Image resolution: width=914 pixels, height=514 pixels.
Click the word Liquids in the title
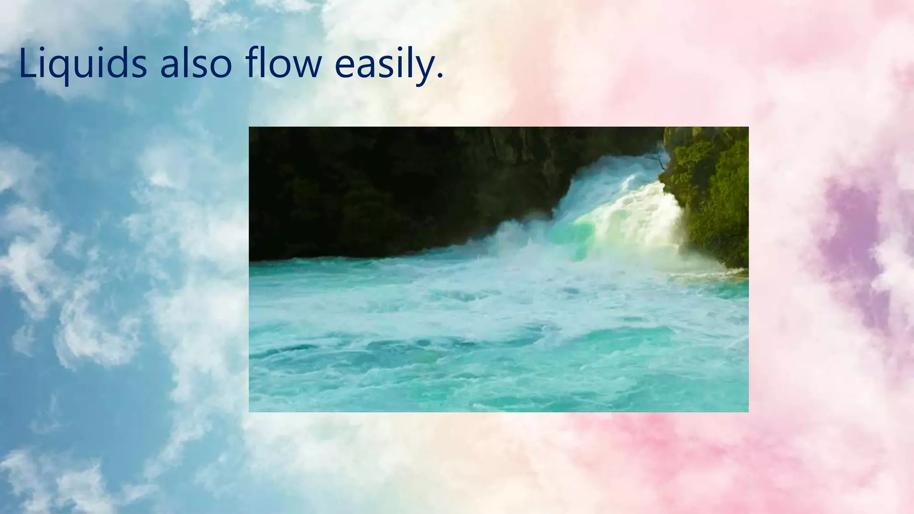point(83,64)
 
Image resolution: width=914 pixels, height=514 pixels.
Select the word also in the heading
point(196,64)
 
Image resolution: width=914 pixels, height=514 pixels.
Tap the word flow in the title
point(283,64)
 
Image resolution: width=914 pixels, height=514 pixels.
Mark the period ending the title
point(440,77)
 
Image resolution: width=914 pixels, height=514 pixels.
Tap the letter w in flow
point(306,66)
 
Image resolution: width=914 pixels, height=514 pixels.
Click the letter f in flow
point(253,62)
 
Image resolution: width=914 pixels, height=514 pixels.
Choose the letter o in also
point(220,66)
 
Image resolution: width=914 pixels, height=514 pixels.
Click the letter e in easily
point(345,66)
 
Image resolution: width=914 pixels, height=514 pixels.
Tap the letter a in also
point(171,66)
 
